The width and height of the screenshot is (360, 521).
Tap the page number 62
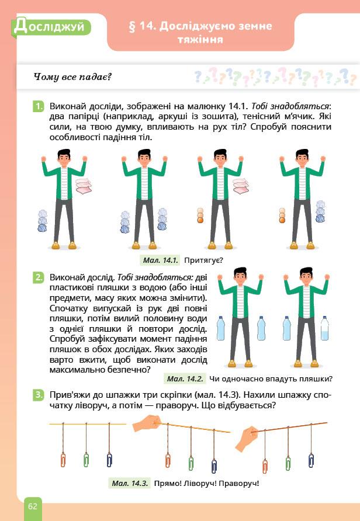[33, 506]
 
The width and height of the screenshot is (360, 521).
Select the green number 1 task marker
[39, 107]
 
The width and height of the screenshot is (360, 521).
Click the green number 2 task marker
[39, 277]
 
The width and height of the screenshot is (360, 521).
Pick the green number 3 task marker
[39, 395]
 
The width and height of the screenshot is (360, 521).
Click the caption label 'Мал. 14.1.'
[161, 260]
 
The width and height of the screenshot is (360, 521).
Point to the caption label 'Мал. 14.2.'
[185, 379]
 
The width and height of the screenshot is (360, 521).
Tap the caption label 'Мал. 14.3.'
[130, 483]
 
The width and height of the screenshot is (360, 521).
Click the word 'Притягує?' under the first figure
[203, 260]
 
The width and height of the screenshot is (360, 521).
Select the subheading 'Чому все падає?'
[72, 77]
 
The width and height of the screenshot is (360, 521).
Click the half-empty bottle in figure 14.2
[325, 328]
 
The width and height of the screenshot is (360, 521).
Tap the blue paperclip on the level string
[109, 460]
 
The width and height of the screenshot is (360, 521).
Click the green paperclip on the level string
[86, 460]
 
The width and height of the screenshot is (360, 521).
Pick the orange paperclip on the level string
[63, 460]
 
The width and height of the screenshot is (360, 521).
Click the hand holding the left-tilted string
[147, 423]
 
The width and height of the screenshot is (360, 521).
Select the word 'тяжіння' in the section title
[200, 40]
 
